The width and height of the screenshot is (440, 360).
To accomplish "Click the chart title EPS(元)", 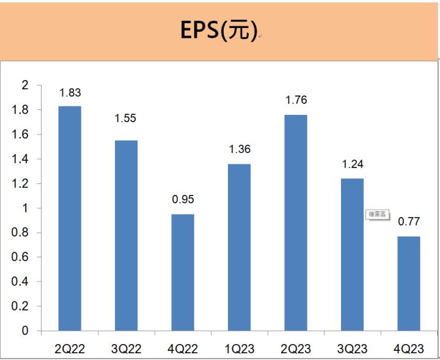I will pos(219,31).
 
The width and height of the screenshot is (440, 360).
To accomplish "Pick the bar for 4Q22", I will pos(183,272).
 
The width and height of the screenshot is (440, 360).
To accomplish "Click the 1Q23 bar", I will pos(239,247).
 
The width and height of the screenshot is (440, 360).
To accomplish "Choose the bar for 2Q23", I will pos(296,222).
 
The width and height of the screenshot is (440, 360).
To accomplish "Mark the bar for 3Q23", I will pos(352,254).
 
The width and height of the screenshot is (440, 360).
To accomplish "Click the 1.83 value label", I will pos(70,93).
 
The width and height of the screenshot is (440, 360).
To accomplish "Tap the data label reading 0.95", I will pos(183,199).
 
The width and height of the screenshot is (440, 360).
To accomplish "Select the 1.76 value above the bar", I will pos(296,100).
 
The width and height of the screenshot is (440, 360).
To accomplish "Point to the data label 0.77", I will pos(409,222).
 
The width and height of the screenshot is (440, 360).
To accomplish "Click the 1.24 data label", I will pos(352,164).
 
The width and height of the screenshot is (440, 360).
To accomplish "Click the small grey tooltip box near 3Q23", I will pos(377,214).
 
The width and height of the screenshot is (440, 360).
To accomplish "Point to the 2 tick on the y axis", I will pos(25,85).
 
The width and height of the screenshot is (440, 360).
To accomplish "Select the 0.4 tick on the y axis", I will pos(21,282).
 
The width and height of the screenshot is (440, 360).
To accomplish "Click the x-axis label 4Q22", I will pos(183,349).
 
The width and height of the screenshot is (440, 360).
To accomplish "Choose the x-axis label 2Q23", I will pos(296,349).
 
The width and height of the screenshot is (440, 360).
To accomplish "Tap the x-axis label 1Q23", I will pos(239,349).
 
